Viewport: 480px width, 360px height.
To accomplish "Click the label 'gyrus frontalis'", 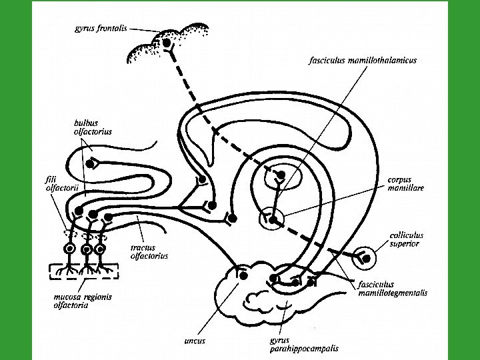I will click(102, 29).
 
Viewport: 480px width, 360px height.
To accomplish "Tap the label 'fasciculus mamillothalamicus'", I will click(363, 60).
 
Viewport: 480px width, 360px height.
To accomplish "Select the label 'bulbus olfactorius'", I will click(92, 127).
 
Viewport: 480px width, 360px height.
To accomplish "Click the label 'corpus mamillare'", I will click(406, 183).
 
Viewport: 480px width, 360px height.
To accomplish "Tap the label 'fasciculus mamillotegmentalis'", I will click(393, 289).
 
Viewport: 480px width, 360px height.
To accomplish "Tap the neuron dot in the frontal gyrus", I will click(165, 43).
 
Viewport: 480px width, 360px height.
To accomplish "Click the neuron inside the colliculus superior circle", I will click(365, 257).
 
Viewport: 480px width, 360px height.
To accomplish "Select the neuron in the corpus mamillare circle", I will click(272, 219).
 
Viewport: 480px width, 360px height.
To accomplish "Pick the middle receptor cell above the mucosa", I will click(85, 250).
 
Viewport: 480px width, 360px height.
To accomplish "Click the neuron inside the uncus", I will click(243, 275).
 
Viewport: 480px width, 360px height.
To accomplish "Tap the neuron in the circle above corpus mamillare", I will click(281, 175).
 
